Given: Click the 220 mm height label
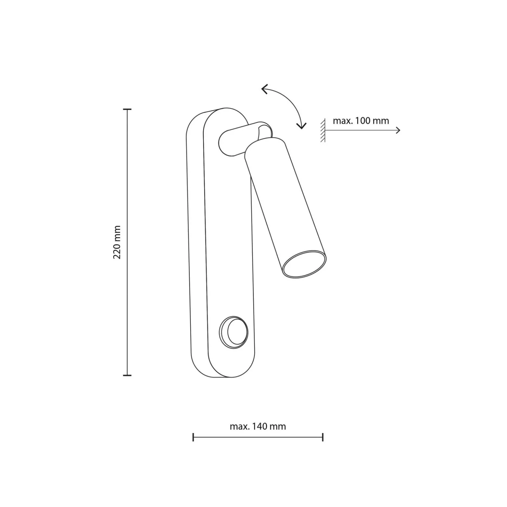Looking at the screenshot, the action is click(x=117, y=242).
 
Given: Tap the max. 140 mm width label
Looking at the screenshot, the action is click(x=258, y=426).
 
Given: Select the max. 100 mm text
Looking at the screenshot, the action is click(x=361, y=121).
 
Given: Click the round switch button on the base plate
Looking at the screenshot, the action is click(x=234, y=332).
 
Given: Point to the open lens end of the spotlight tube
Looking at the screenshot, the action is click(x=304, y=264).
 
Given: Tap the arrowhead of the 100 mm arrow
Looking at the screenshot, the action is click(x=398, y=131).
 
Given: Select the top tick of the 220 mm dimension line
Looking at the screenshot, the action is click(x=127, y=109).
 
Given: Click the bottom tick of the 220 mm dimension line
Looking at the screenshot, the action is click(x=127, y=375).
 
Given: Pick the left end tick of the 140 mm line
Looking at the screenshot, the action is click(x=193, y=437).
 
